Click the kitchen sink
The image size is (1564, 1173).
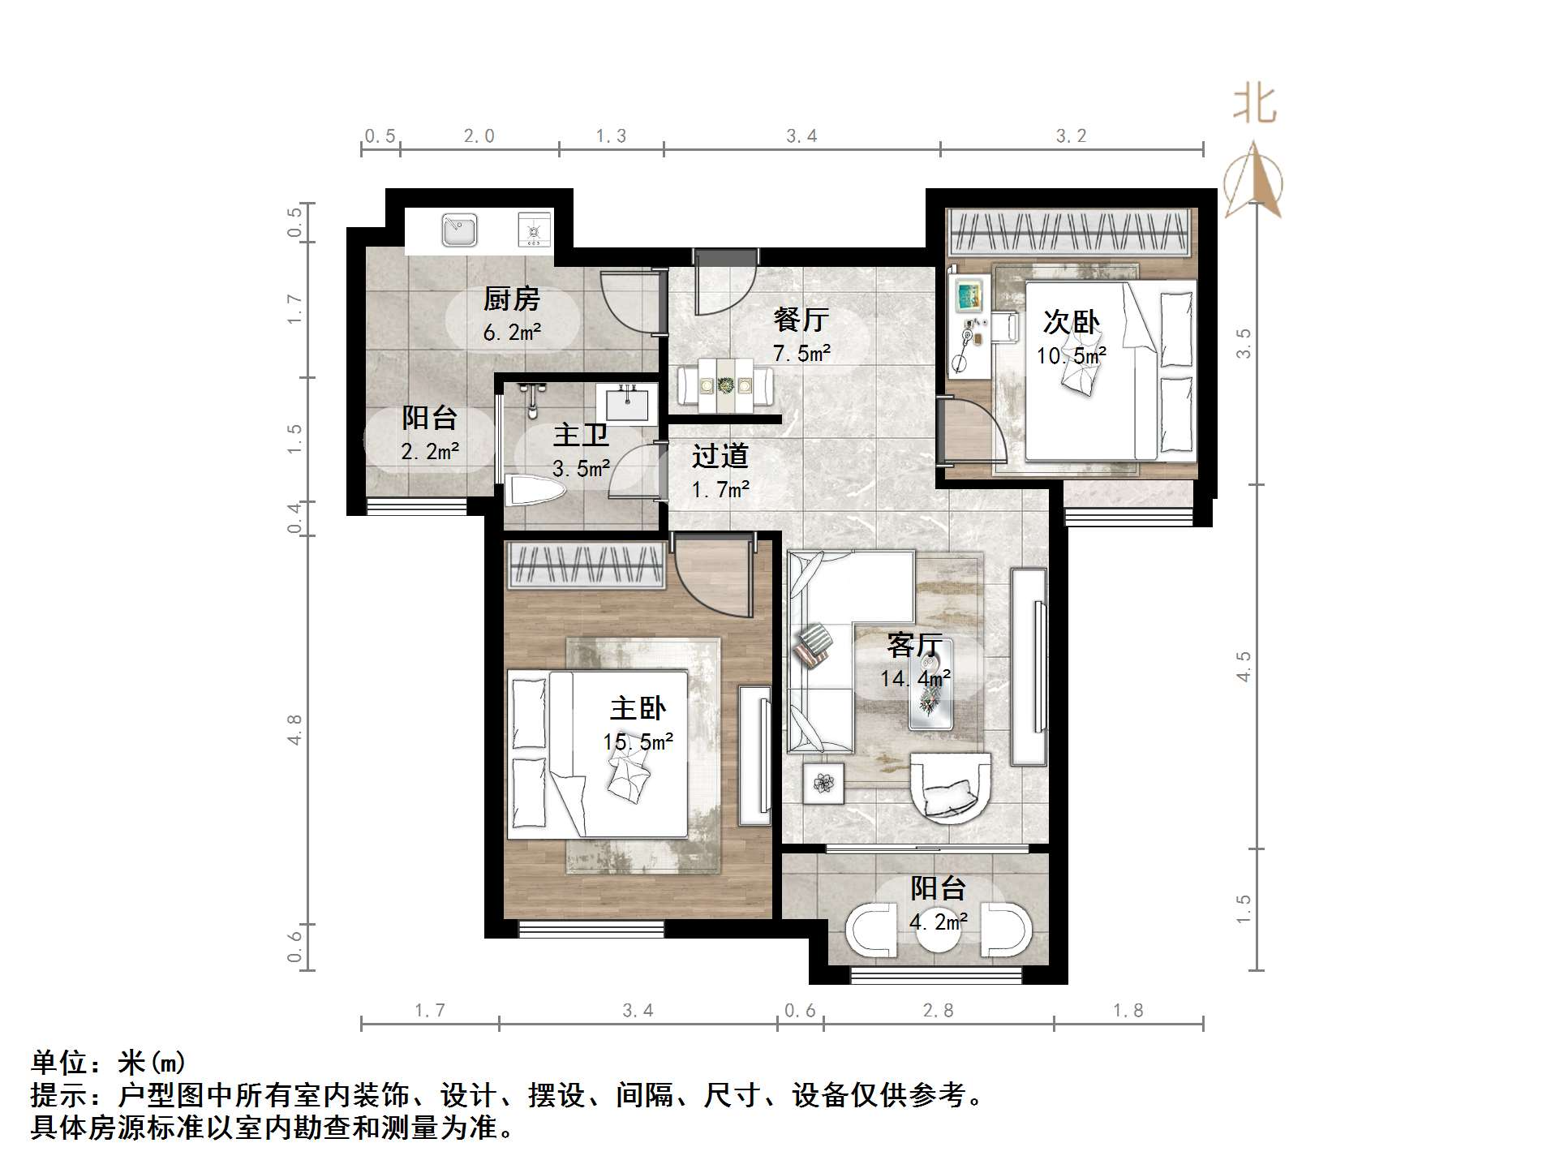pyautogui.click(x=459, y=230)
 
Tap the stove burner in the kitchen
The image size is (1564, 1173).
pyautogui.click(x=534, y=231)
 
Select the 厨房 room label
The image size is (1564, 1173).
pyautogui.click(x=512, y=299)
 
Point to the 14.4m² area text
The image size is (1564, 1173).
pyautogui.click(x=915, y=678)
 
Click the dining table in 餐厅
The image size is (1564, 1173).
pyautogui.click(x=726, y=386)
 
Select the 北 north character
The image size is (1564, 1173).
pyautogui.click(x=1254, y=105)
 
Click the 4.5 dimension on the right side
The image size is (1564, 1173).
pyautogui.click(x=1244, y=666)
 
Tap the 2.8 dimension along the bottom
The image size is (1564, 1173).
pyautogui.click(x=938, y=1011)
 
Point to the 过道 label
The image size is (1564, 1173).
pyautogui.click(x=720, y=457)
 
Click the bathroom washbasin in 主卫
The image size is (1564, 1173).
pyautogui.click(x=627, y=402)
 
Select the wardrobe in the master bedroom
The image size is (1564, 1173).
pyautogui.click(x=586, y=565)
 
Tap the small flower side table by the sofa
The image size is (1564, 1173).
pyautogui.click(x=824, y=784)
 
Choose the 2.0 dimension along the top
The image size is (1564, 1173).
pyautogui.click(x=479, y=136)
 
